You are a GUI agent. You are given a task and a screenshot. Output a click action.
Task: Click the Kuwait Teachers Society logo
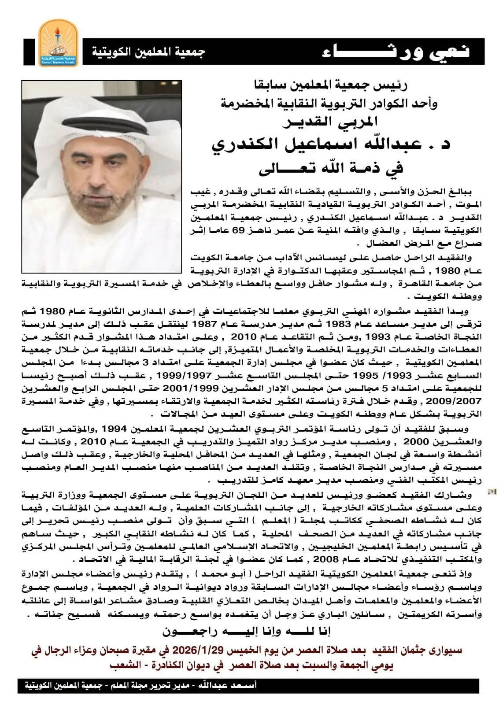pyautogui.click(x=58, y=42)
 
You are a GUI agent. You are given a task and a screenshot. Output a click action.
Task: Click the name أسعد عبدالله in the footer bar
pyautogui.click(x=232, y=686)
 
